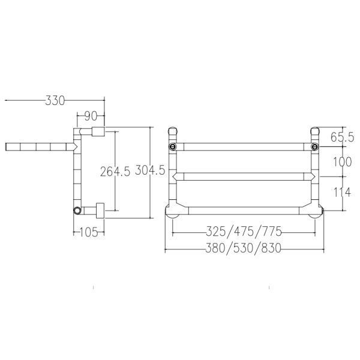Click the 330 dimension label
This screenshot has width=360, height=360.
pos(55,101)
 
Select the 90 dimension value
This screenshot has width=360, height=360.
pos(91,116)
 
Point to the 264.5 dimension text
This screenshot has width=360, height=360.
pos(115,172)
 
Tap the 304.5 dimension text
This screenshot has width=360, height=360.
pos(150,170)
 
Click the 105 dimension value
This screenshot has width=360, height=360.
pos(89,232)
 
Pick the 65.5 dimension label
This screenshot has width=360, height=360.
pos(343,137)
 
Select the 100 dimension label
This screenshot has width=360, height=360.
pos(343,161)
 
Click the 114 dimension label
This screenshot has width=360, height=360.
pos(342,192)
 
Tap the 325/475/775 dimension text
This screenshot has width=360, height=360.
pos(244,231)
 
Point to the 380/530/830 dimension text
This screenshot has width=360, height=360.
pos(244,248)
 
